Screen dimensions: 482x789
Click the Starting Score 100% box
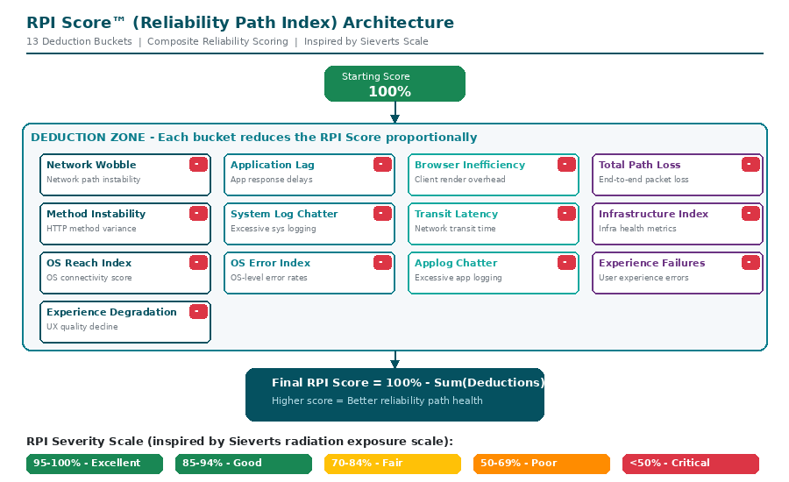click(x=394, y=84)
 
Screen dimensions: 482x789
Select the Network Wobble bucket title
click(x=91, y=165)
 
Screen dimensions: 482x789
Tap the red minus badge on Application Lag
click(x=382, y=164)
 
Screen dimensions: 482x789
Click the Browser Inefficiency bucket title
click(x=470, y=165)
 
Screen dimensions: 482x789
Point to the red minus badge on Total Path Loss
click(x=750, y=164)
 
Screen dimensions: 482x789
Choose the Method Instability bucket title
click(x=96, y=214)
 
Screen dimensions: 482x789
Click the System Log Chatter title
click(x=284, y=214)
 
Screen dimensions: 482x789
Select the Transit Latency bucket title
click(x=456, y=214)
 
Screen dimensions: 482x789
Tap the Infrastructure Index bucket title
click(x=653, y=214)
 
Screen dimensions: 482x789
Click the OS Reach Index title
click(x=89, y=263)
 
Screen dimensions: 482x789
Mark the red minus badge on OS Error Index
click(x=382, y=262)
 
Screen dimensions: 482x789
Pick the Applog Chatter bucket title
click(x=456, y=263)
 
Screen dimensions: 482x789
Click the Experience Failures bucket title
click(x=651, y=263)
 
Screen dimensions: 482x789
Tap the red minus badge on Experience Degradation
click(x=198, y=311)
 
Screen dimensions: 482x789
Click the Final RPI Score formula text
click(x=408, y=383)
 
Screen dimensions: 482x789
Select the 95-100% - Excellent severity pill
click(x=95, y=464)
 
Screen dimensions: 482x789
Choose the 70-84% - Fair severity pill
click(x=393, y=464)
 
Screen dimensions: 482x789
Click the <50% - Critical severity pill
click(x=691, y=464)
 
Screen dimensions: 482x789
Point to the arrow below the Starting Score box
click(x=394, y=113)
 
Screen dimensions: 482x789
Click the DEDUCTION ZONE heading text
click(x=253, y=138)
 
